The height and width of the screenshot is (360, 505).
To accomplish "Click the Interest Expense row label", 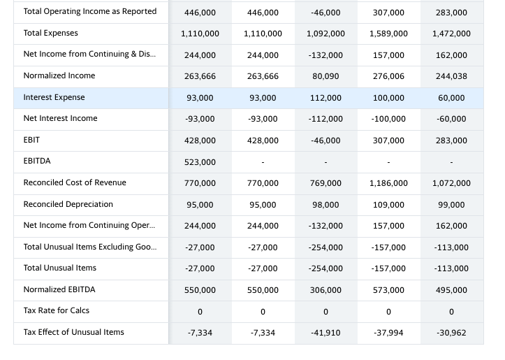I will pos(54,97).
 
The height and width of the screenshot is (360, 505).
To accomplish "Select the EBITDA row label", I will pos(37,161).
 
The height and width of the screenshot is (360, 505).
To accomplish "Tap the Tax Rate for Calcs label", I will pos(56,310).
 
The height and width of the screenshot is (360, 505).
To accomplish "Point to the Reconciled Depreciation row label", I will pos(68,204).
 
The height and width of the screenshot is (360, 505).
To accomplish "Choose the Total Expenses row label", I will pos(50,33).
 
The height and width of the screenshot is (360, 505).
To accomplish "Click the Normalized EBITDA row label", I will pos(59,289).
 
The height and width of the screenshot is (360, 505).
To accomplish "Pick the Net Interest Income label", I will pos(60,118).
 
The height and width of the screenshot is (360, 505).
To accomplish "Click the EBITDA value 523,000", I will pos(200,162).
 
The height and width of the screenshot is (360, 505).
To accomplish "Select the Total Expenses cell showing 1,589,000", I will pos(388,34).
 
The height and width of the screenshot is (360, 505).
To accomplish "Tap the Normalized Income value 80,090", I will pos(325,76).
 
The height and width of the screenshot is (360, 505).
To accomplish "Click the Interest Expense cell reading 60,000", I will pos(451,98).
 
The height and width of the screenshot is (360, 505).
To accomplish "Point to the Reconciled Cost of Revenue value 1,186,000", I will pos(388,183).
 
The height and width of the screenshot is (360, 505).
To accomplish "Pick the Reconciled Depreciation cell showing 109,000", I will pos(388,205).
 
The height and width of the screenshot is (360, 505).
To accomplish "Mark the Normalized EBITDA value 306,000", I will pos(325,290).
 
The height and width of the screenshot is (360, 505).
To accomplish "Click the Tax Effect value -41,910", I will pos(325,333).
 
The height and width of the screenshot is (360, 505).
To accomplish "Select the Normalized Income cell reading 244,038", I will pos(451,76).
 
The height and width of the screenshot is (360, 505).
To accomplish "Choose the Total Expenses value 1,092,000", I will pos(325,34).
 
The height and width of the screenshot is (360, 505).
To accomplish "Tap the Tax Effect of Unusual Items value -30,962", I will pos(451,333).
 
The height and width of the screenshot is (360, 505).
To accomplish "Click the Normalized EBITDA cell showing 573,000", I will pos(388,290).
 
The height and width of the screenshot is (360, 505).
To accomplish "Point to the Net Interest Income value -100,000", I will pos(388,119).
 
